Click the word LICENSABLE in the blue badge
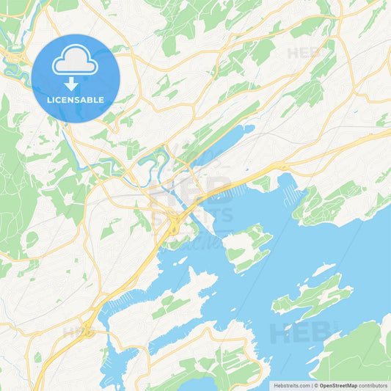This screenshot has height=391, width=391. pyautogui.click(x=75, y=100)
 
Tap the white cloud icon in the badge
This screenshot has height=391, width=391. pyautogui.click(x=75, y=62)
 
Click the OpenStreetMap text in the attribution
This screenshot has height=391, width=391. pyautogui.click(x=338, y=385)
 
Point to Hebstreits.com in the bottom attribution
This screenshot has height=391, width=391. pyautogui.click(x=291, y=385)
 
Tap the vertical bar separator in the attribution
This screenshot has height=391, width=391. pyautogui.click(x=312, y=385)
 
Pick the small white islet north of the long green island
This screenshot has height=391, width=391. pyautogui.click(x=323, y=269)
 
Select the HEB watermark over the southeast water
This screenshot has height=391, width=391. pyautogui.click(x=293, y=332)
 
